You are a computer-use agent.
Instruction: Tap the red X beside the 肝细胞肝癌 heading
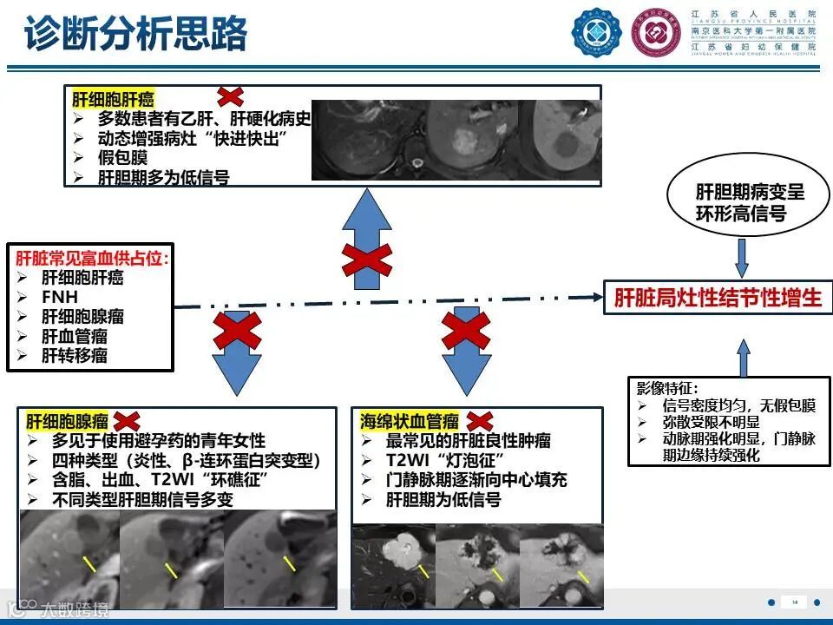pos(230,96)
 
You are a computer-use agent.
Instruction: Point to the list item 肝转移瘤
pos(75,355)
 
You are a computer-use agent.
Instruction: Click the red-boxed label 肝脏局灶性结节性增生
pos(717,298)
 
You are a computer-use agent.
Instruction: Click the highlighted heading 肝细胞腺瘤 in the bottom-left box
pos(68,422)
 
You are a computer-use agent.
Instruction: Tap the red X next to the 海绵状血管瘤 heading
pos(480,420)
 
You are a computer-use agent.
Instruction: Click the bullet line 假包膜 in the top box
pos(122,158)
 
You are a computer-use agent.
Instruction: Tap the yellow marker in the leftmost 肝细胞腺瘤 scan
pos(89,565)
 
